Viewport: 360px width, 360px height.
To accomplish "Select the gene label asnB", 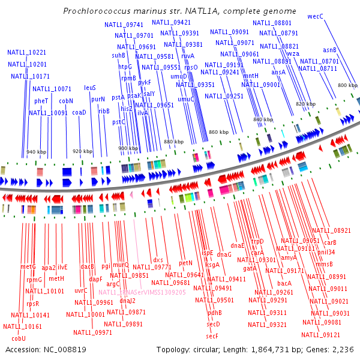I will click(329, 50).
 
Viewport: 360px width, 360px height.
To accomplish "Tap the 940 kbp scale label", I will click(37, 152).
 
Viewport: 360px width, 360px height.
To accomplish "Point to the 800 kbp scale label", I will click(347, 86).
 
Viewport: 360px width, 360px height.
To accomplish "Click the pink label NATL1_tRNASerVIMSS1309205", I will click(142, 292).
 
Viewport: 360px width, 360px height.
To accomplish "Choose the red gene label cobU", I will click(19, 338).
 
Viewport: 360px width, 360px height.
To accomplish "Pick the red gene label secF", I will click(212, 335).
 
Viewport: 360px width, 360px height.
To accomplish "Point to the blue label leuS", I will click(90, 88).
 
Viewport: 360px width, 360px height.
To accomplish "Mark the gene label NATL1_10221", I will click(27, 52).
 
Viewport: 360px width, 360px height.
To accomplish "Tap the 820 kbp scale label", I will click(305, 104).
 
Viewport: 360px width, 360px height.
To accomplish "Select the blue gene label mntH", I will click(251, 76).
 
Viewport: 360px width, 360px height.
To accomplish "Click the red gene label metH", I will click(56, 278).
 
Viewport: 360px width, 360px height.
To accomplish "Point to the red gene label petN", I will click(185, 263).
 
